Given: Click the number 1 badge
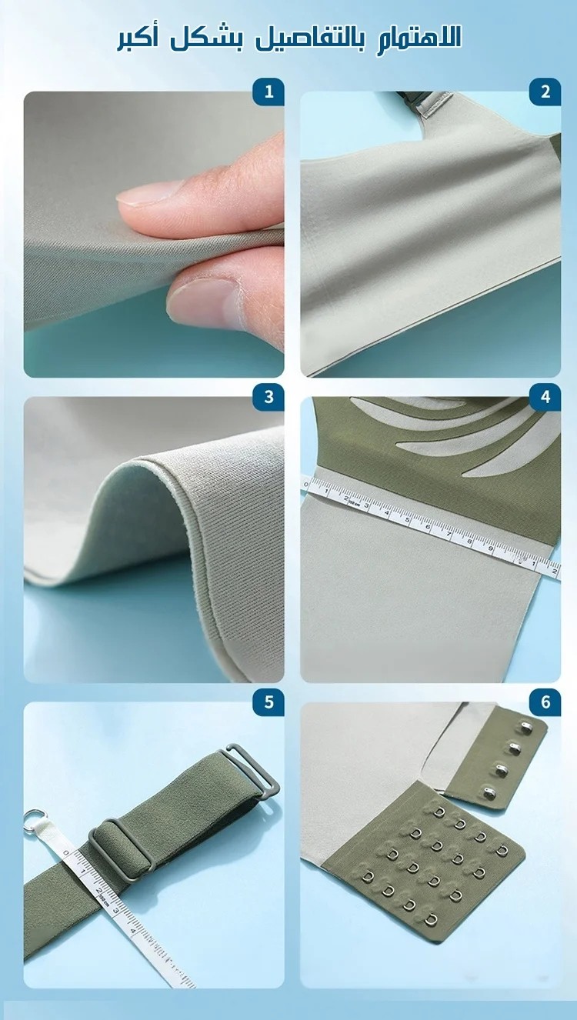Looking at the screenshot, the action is click(x=268, y=92).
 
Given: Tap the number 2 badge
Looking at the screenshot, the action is click(x=545, y=92).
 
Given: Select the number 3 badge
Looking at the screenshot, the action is click(x=268, y=397).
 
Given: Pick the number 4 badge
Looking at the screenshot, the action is click(x=545, y=397).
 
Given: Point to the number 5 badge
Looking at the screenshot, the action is click(x=268, y=702).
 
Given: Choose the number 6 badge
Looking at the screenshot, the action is click(x=545, y=702).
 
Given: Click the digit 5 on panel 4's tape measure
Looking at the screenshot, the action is click(x=407, y=520).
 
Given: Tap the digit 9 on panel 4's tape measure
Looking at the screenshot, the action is click(x=491, y=548).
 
